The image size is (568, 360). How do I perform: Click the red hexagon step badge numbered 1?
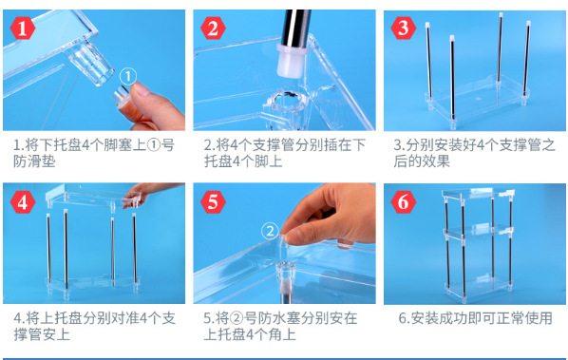[x=23, y=28]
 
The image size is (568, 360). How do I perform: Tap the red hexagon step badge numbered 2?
[x=213, y=28]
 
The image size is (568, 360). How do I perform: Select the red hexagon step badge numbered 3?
[x=403, y=28]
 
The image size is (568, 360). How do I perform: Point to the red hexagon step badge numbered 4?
[x=23, y=201]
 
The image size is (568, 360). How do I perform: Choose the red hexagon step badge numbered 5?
[x=213, y=201]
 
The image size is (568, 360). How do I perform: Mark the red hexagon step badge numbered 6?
[x=403, y=201]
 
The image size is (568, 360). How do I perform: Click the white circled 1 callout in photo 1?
[x=128, y=76]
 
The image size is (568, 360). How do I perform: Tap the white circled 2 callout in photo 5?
[x=270, y=231]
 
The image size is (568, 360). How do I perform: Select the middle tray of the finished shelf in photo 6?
[x=478, y=231]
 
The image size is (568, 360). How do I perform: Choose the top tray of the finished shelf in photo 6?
[x=478, y=194]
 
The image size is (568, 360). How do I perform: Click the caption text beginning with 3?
[x=474, y=153]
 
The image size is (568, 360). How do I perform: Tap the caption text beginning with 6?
[x=475, y=318]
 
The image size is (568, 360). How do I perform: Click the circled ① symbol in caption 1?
[x=154, y=145]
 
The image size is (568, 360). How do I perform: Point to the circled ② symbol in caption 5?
[x=236, y=319]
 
